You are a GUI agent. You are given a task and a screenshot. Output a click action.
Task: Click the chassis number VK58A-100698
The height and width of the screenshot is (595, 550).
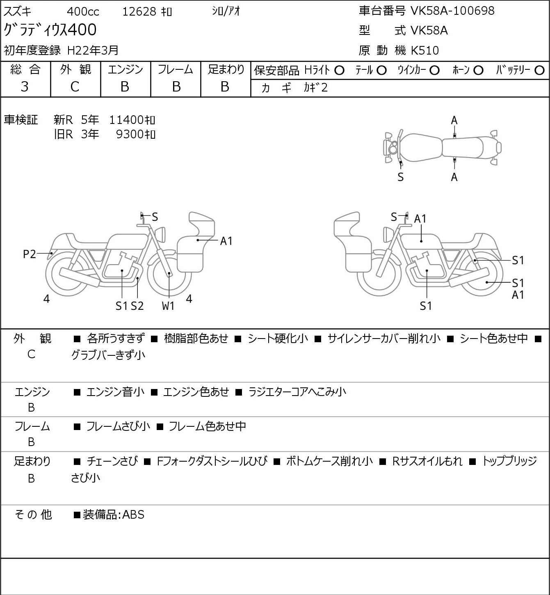coord(452,11)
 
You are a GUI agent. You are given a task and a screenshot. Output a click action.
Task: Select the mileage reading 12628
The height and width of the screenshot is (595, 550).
coord(139,11)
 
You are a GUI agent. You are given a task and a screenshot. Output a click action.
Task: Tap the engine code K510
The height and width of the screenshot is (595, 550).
coord(425,50)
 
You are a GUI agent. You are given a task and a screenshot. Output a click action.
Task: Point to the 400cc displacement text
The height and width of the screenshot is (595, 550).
coord(83,11)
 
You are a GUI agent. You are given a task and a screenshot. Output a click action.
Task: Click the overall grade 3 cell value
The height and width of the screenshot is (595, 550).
coord(25,87)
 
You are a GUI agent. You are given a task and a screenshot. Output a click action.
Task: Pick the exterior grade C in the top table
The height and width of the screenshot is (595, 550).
coord(75,87)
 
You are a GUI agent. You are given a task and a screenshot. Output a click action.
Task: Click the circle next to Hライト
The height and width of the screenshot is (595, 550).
coord(339,71)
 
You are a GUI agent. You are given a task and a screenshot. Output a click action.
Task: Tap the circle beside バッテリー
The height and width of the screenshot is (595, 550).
coord(539,71)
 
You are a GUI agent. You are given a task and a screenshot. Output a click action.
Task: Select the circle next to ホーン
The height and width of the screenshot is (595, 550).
coord(478,71)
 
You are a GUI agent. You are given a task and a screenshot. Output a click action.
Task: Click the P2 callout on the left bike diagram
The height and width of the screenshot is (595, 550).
coord(30,254)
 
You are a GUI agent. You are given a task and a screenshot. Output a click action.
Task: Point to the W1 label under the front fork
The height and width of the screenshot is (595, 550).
coord(168,306)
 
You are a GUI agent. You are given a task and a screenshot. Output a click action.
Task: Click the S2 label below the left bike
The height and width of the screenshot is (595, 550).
coord(137,306)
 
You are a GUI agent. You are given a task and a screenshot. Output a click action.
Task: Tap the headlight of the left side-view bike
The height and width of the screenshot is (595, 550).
coord(160,235)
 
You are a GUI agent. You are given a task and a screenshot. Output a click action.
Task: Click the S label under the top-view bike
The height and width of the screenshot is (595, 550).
coord(401,177)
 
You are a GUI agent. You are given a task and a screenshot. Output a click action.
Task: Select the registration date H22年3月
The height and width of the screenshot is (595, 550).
coord(93,50)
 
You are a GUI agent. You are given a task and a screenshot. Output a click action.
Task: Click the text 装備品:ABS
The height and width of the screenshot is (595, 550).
coord(114,515)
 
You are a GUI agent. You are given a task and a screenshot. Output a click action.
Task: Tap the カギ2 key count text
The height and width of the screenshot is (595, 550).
coord(316,87)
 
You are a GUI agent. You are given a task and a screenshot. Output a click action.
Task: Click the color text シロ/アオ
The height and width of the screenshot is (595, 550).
coord(226,11)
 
